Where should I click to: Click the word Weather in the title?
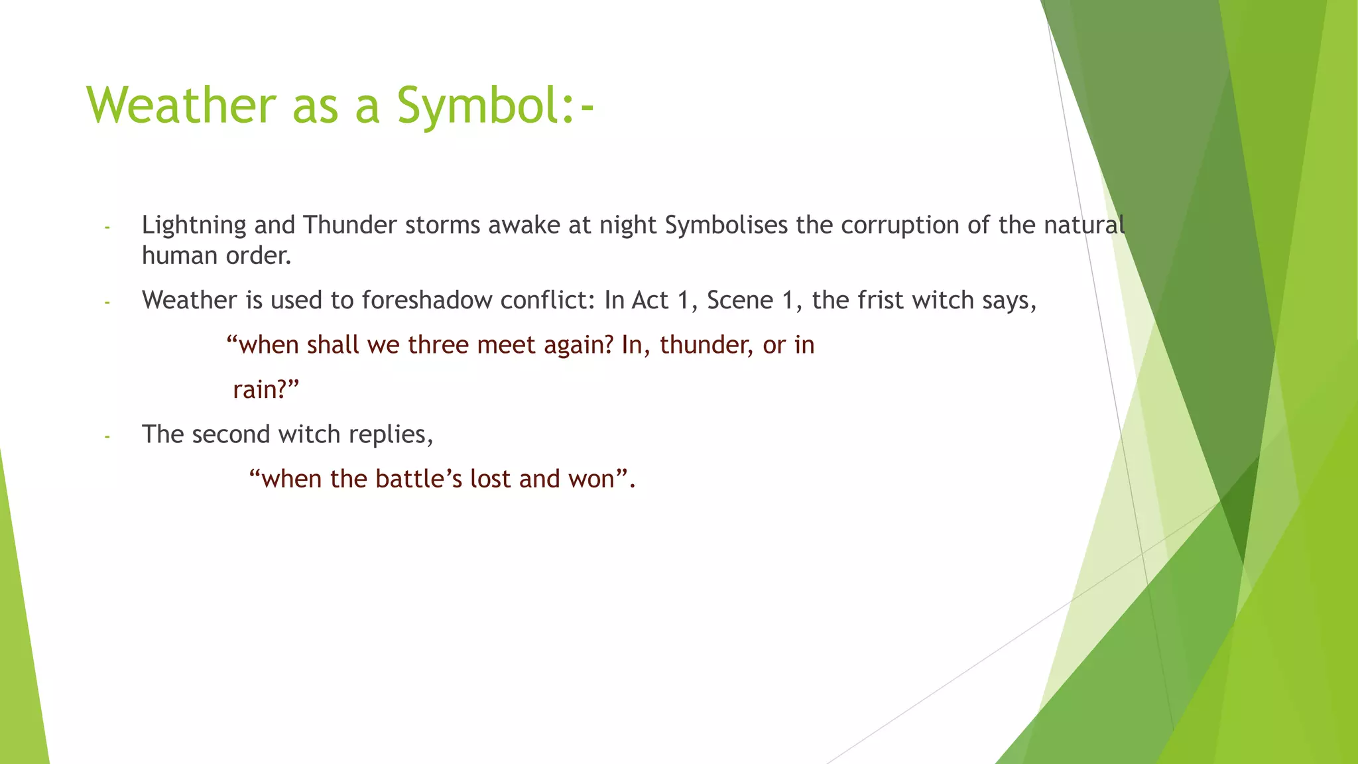click(x=181, y=105)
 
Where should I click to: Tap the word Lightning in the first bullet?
click(x=194, y=225)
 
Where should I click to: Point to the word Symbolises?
click(x=726, y=225)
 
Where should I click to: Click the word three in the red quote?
click(x=438, y=345)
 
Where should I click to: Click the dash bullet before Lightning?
click(x=107, y=227)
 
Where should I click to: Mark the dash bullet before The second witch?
click(x=107, y=436)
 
